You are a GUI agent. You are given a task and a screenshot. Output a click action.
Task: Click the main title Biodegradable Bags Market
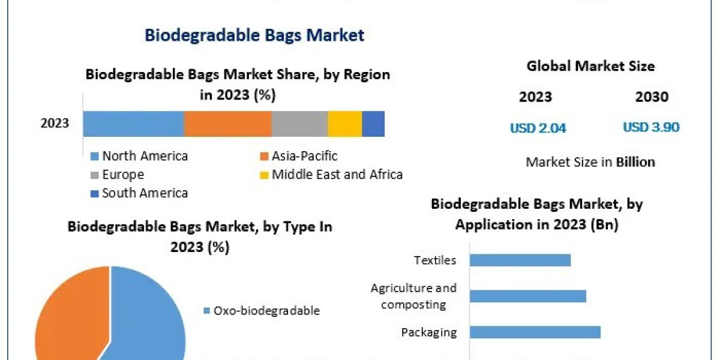(254, 35)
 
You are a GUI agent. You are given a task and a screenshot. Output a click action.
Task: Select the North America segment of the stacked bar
(133, 124)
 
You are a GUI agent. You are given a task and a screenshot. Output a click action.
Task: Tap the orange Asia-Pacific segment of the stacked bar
(227, 124)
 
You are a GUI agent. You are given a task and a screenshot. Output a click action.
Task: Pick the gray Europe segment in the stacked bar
(299, 124)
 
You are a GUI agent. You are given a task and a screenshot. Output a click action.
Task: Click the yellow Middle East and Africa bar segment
(344, 124)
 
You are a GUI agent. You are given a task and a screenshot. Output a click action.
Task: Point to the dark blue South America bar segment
(373, 124)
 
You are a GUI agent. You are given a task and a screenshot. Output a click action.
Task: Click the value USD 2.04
(538, 128)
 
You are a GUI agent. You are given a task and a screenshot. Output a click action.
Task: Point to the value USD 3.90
(651, 127)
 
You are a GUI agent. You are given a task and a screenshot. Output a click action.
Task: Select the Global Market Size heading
(590, 66)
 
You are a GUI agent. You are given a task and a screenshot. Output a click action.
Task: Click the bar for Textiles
(520, 260)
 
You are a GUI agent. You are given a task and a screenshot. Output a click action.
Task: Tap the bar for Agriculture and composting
(527, 296)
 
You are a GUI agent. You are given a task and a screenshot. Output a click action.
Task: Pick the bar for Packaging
(535, 332)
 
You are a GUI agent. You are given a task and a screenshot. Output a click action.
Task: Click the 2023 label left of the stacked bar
(55, 124)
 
